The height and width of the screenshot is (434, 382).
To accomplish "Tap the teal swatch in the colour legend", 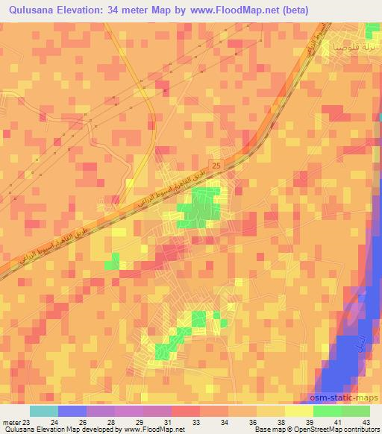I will point(43,411).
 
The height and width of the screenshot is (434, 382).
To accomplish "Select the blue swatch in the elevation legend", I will point(72,411).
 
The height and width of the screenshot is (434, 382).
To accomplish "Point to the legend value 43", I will point(365,422).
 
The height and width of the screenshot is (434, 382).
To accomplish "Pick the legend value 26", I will point(82,422).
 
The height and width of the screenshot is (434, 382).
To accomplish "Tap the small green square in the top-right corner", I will point(372,30).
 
